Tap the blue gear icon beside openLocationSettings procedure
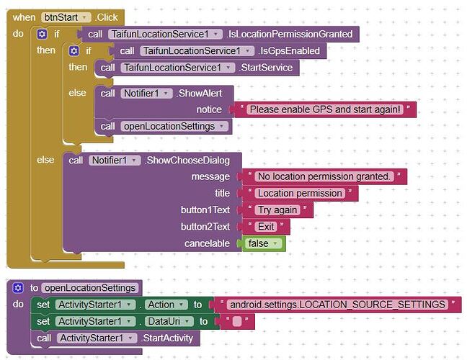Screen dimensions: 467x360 [18, 288]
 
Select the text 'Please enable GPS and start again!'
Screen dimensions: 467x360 [325, 109]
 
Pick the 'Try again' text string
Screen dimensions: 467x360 [277, 210]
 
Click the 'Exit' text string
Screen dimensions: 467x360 [266, 227]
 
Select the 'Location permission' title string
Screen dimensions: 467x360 [300, 194]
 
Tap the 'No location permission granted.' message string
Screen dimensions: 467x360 [324, 176]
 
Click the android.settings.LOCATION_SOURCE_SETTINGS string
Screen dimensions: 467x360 [337, 305]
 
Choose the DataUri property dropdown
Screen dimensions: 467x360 [169, 321]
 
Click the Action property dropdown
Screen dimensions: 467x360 [166, 305]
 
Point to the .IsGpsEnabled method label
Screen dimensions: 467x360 [289, 51]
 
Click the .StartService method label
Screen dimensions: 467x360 [266, 68]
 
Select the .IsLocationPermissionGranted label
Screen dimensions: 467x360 [289, 35]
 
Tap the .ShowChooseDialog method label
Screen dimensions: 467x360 [187, 161]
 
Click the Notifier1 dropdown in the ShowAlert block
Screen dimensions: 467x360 [146, 94]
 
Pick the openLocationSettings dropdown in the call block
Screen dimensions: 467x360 [174, 127]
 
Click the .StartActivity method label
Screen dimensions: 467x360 [166, 338]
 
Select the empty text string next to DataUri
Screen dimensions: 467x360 [237, 321]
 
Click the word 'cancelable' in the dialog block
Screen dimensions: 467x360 [207, 243]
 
